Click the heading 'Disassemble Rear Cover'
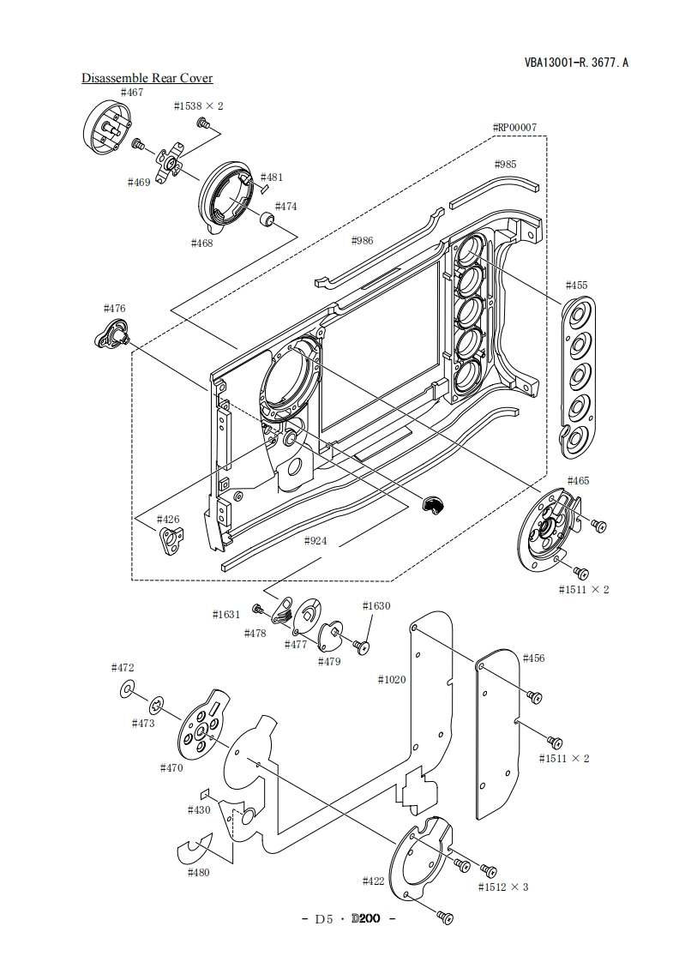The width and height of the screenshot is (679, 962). [x=147, y=78]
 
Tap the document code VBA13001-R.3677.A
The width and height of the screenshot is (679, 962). [x=576, y=62]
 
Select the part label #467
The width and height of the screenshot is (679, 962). [x=132, y=93]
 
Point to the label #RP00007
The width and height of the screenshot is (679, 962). [x=514, y=128]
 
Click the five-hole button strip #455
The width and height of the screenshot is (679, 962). [x=577, y=378]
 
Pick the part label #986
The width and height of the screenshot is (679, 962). [x=362, y=240]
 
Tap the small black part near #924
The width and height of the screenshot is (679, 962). [x=432, y=504]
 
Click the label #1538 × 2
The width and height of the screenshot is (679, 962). [x=198, y=106]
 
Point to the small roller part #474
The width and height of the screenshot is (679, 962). [x=267, y=219]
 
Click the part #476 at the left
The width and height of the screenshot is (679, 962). [x=113, y=335]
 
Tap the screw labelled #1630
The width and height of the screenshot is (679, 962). [x=361, y=646]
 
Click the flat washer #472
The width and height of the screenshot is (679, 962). [x=128, y=689]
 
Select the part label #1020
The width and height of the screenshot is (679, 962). [x=392, y=680]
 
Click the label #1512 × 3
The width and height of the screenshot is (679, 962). [x=503, y=887]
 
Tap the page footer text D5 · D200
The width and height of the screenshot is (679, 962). [x=348, y=919]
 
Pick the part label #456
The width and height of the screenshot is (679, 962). [x=533, y=658]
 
